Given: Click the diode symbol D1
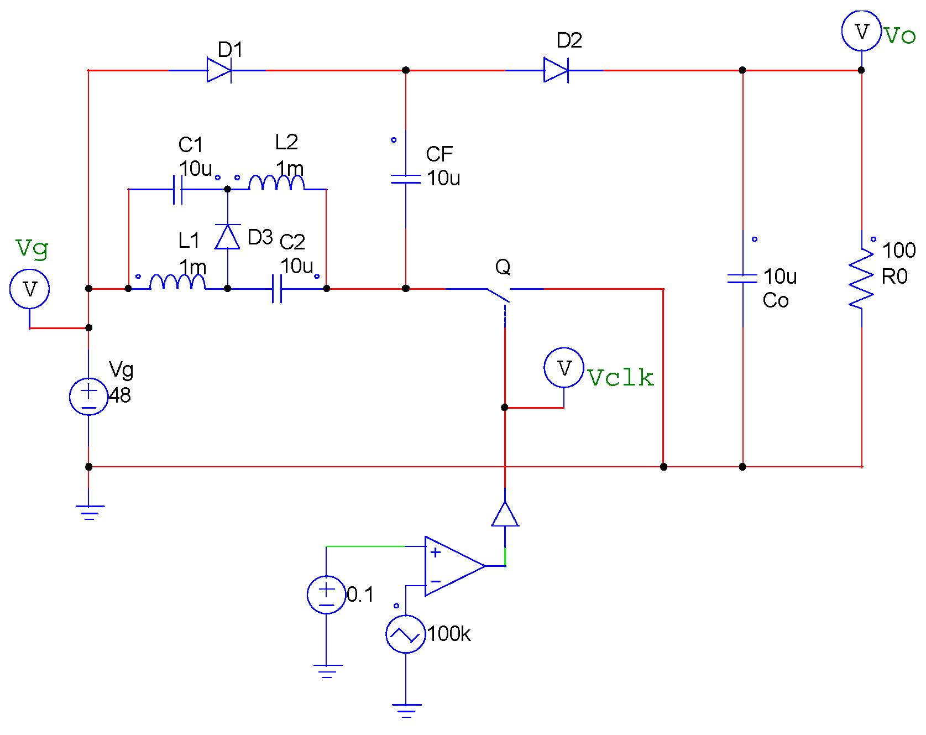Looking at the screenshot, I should click(219, 70).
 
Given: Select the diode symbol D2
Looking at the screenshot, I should click(556, 70).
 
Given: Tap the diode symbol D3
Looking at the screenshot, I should click(227, 237).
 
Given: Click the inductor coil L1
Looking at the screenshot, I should click(177, 282).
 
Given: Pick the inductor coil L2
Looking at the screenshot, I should click(276, 183).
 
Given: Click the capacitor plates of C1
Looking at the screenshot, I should click(178, 189).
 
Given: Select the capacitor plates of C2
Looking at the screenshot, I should click(277, 289).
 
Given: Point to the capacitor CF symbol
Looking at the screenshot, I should click(406, 179).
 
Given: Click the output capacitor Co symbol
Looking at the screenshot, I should click(742, 278).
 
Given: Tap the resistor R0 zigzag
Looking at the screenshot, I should click(861, 279).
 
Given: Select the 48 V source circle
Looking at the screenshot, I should click(88, 397).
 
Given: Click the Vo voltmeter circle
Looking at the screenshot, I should click(861, 31).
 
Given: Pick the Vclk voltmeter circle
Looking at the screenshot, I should click(564, 368).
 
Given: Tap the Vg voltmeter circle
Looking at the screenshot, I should click(30, 289).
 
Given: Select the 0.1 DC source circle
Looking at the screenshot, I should click(326, 595).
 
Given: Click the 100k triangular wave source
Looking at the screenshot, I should click(405, 634).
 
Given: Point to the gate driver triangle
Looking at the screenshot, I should click(505, 515).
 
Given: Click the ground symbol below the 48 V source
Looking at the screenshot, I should click(89, 512).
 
